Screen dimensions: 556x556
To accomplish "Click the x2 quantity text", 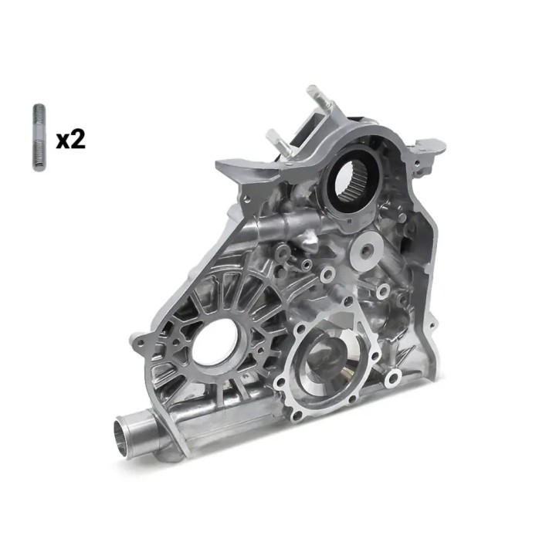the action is (x=71, y=140).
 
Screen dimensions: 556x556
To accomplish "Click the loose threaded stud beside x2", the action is (x=39, y=137).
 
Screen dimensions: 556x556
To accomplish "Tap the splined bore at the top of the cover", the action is (x=353, y=184).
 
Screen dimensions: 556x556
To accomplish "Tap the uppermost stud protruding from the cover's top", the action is (x=318, y=97).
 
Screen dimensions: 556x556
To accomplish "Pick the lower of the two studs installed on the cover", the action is (x=279, y=142).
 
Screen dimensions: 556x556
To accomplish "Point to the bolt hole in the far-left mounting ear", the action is (x=141, y=343).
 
